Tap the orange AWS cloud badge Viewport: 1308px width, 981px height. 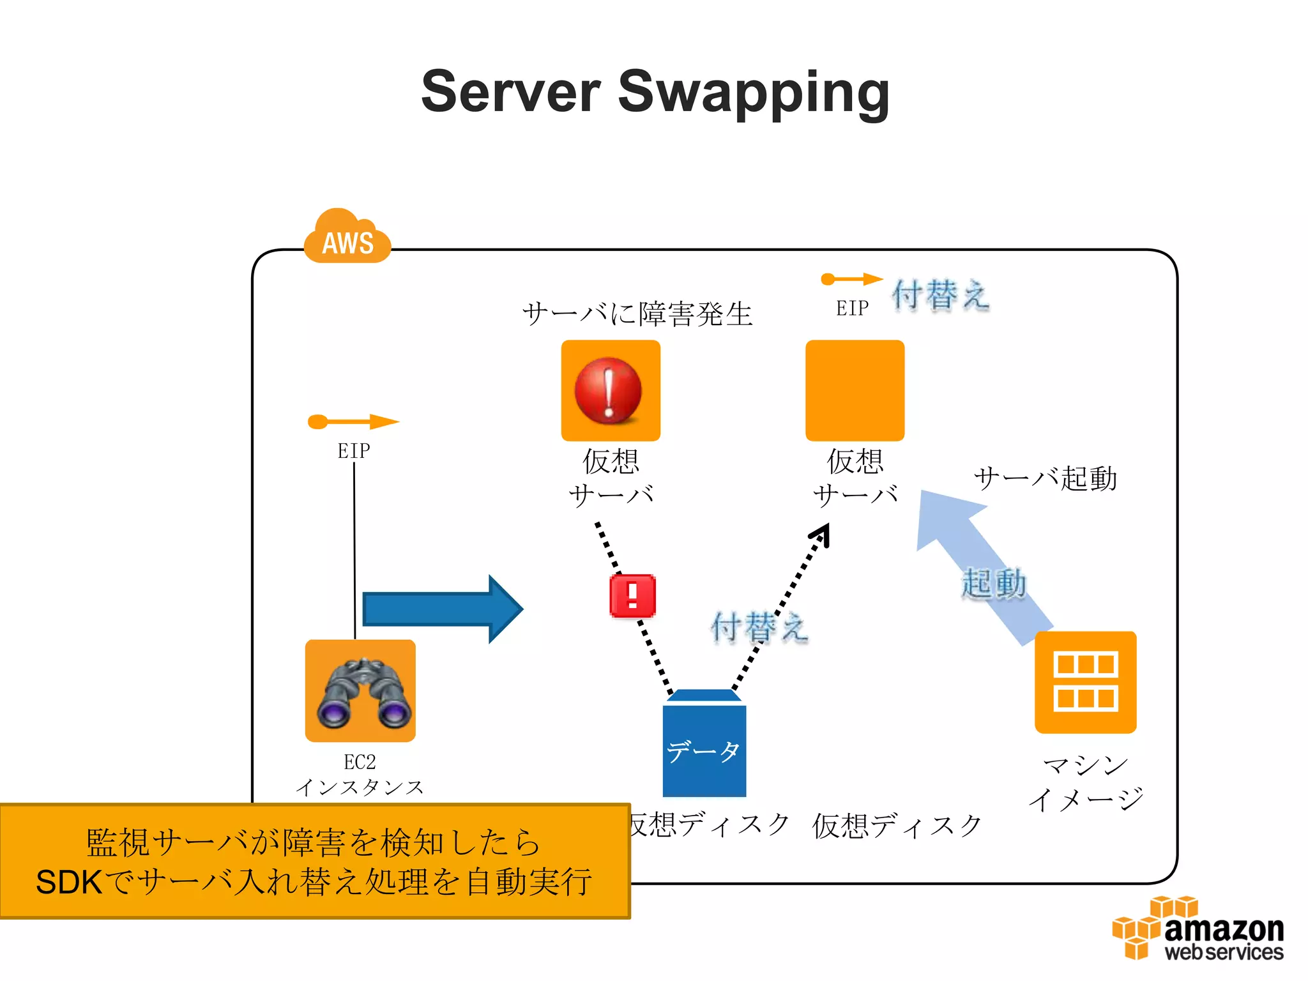347,240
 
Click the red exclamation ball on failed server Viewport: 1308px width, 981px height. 608,390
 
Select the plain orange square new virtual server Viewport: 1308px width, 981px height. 855,390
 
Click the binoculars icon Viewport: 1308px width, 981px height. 360,691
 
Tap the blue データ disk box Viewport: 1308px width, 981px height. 704,747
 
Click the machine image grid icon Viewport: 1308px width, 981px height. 1085,682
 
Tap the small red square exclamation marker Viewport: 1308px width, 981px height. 632,596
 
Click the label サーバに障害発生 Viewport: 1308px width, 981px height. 637,314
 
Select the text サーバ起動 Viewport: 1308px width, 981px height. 1045,478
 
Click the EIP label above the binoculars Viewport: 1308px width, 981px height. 353,451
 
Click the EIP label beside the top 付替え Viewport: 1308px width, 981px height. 852,308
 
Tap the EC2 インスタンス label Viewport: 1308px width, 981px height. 360,775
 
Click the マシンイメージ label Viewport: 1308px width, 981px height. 1085,782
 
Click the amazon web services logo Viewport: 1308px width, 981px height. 1198,929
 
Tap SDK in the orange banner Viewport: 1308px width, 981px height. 68,883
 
